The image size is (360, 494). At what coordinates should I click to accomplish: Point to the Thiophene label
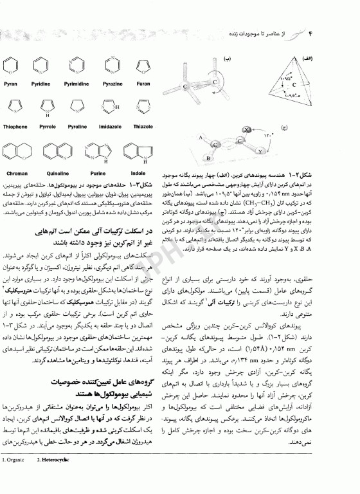(x=15, y=127)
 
